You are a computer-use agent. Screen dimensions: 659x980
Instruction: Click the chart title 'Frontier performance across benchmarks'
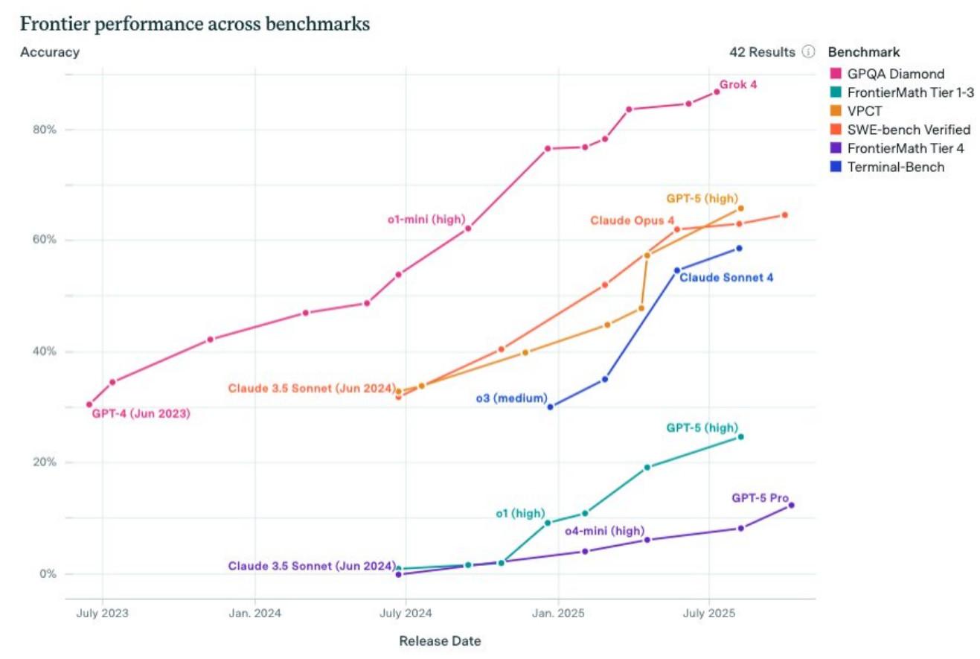click(194, 24)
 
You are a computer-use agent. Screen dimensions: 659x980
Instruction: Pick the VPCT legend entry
click(863, 111)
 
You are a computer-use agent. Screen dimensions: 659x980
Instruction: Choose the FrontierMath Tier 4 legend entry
click(897, 148)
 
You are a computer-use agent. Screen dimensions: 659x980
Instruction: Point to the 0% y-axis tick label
click(48, 574)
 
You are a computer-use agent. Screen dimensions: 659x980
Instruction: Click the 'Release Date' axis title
click(440, 641)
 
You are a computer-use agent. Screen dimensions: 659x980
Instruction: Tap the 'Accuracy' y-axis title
click(50, 52)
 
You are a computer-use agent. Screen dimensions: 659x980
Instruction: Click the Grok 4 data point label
click(737, 84)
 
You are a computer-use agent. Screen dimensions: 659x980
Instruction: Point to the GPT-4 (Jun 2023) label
click(141, 414)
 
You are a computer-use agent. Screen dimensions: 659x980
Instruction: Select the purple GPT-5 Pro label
click(759, 498)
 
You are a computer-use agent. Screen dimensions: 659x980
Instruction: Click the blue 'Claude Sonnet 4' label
click(726, 278)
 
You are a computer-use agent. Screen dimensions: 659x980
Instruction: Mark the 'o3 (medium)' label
click(511, 398)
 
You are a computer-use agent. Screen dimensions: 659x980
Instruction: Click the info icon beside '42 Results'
click(808, 52)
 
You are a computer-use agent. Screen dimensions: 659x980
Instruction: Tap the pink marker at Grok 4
click(717, 92)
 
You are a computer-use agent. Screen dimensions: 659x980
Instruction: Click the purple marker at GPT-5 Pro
click(791, 506)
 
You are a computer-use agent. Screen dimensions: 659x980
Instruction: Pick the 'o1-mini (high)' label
click(426, 219)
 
